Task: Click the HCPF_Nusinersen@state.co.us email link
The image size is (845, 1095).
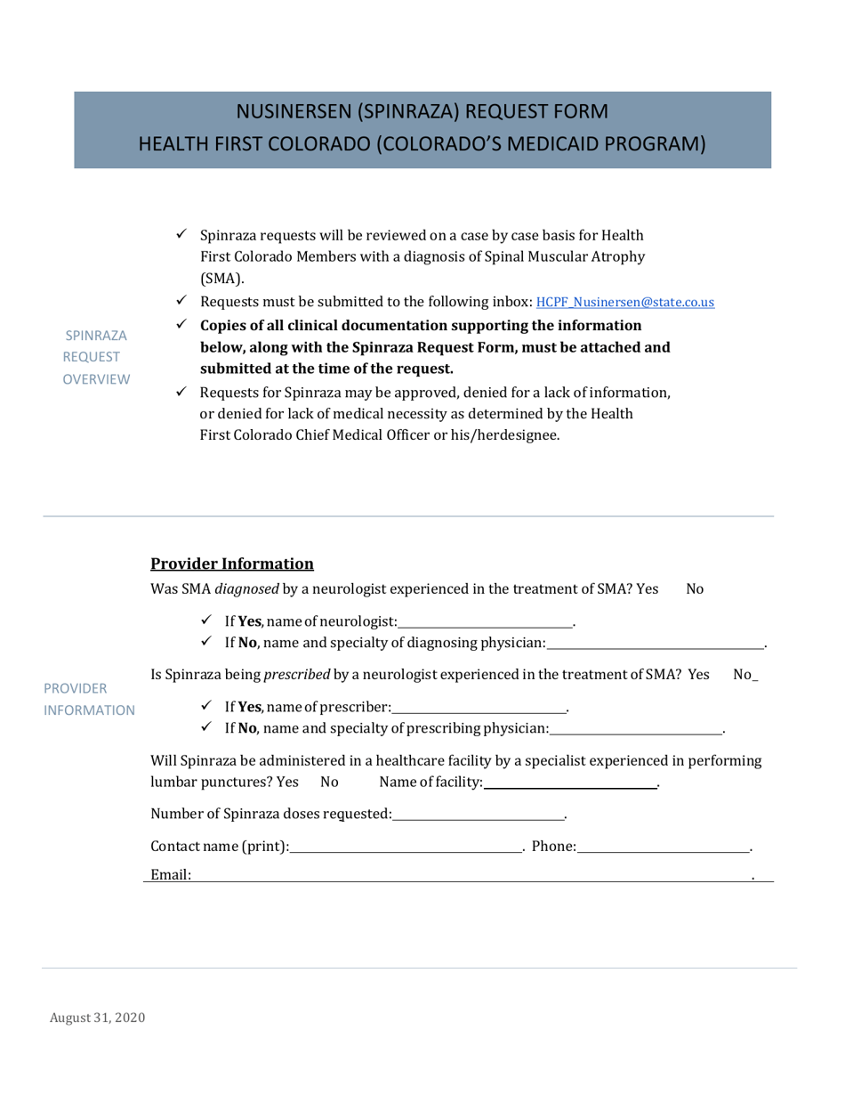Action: click(x=631, y=303)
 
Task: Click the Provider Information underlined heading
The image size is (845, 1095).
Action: click(x=231, y=564)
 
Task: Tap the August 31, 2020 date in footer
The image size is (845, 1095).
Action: click(x=97, y=1018)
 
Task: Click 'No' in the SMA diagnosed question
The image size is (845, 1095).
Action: click(x=696, y=588)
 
